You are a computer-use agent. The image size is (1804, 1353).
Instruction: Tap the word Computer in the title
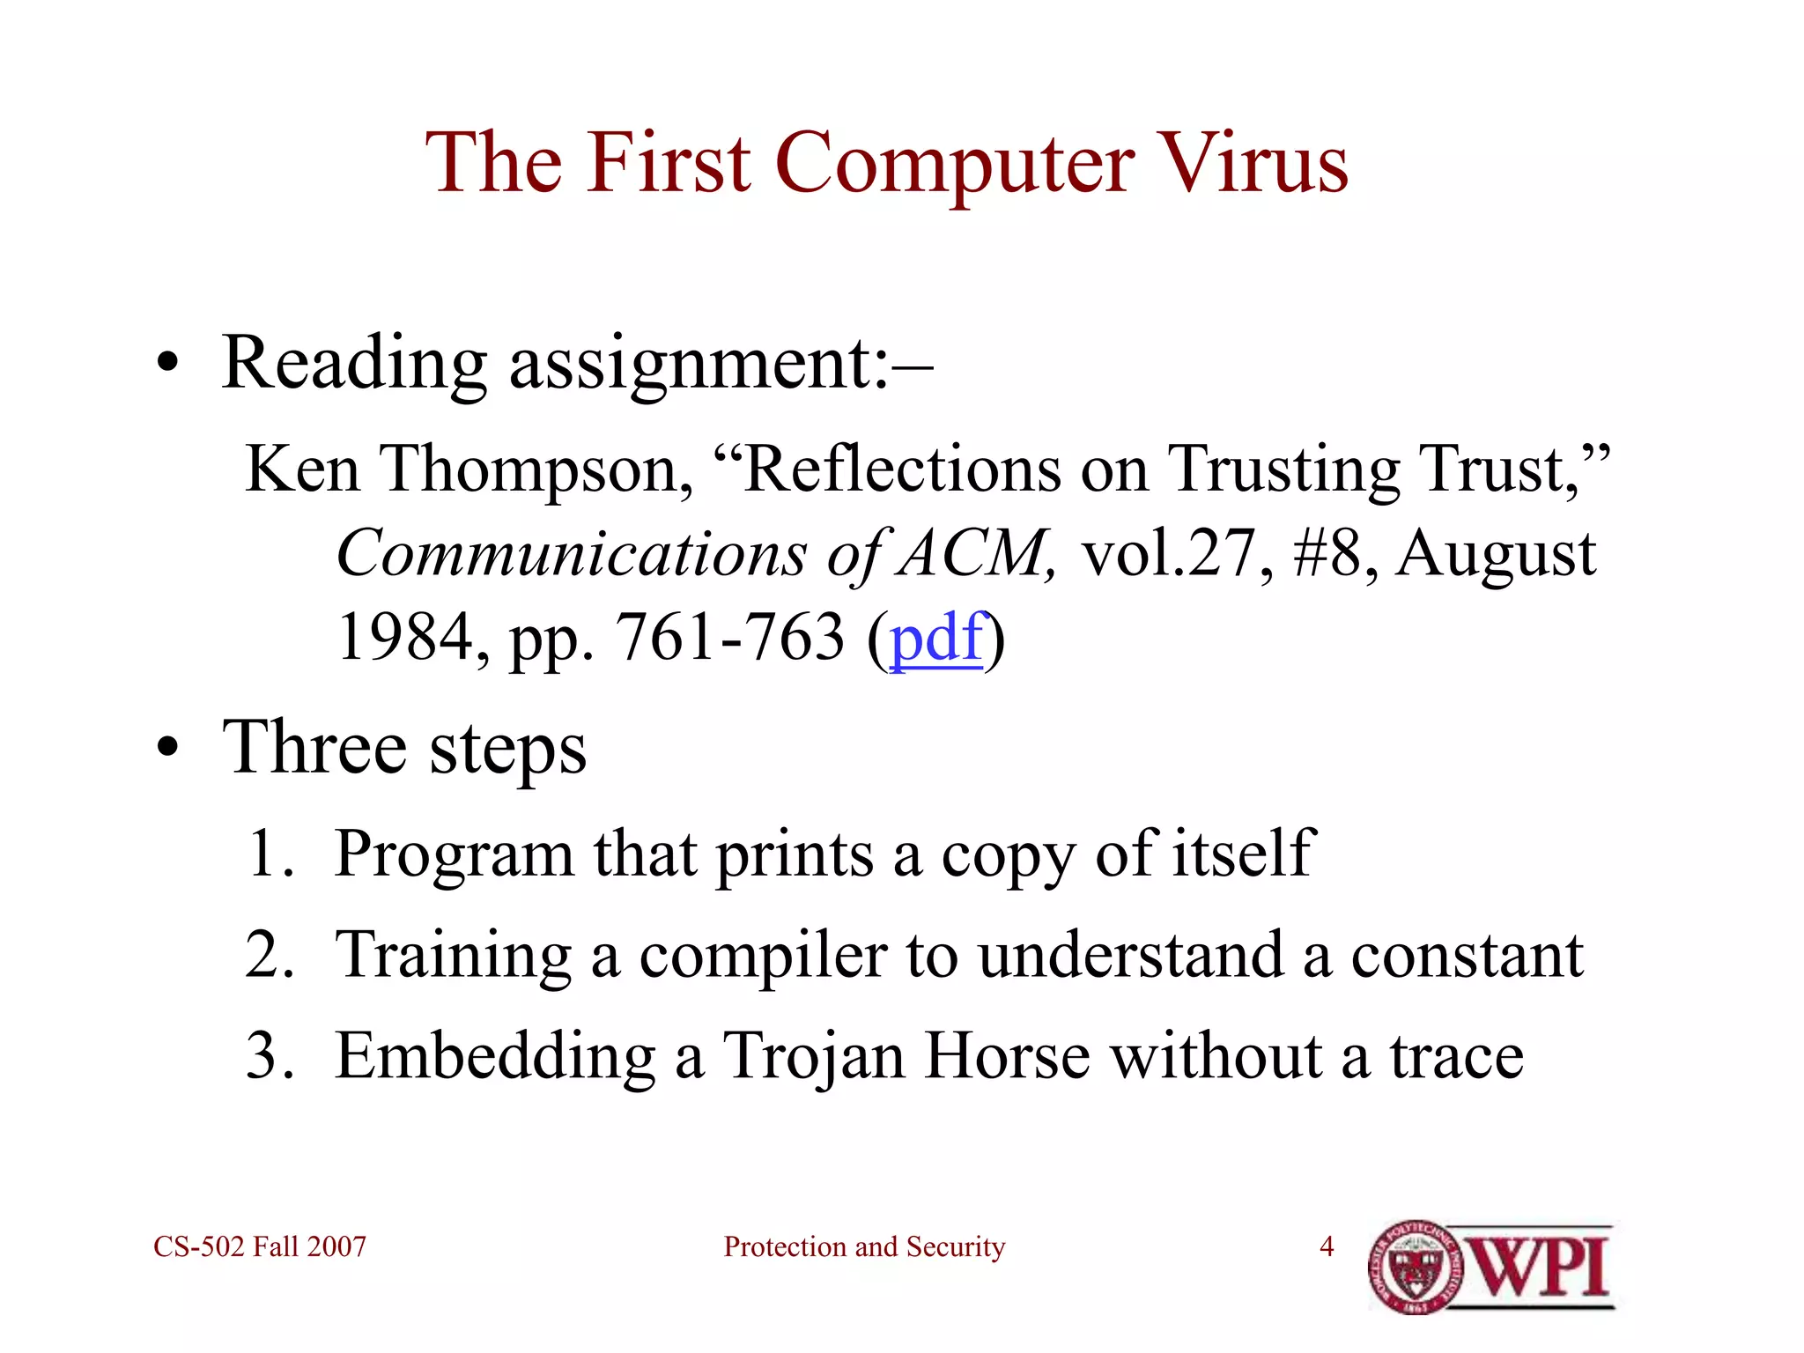(955, 165)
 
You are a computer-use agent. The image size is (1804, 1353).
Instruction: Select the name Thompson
(535, 470)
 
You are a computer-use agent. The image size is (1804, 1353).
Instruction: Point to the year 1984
(405, 638)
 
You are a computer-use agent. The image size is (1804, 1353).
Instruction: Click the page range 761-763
(729, 638)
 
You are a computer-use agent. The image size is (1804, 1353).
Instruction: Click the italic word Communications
(571, 555)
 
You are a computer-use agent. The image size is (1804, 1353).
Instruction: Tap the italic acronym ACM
(973, 555)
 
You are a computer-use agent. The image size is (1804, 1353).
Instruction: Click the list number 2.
(269, 955)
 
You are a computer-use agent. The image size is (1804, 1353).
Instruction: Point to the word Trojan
(813, 1056)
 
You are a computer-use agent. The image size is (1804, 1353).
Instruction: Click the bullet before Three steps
(167, 750)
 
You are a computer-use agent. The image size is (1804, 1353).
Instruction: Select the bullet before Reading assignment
(167, 365)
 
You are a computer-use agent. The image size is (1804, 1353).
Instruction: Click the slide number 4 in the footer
(1327, 1246)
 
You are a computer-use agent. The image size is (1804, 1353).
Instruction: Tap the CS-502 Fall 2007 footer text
(260, 1246)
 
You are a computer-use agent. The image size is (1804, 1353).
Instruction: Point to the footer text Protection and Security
(864, 1246)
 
